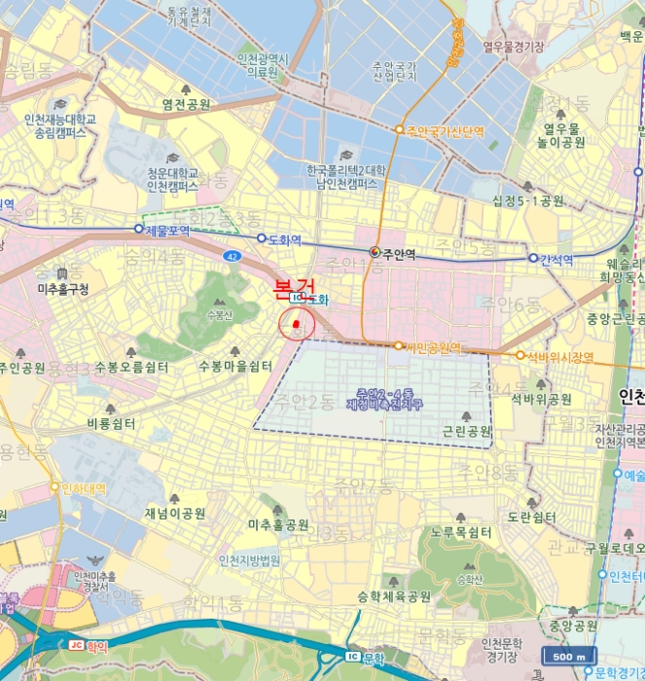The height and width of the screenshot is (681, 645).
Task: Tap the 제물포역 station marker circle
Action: coord(138,230)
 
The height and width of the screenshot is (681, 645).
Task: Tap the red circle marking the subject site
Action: coord(297,324)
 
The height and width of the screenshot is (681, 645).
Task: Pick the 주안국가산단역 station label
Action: coord(445,130)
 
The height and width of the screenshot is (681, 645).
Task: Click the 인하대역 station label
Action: coord(83,487)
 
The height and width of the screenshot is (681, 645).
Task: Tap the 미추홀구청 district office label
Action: coord(62,289)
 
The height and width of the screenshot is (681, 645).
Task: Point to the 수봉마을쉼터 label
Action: coord(234,367)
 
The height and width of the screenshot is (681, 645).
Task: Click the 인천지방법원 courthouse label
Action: coord(249,560)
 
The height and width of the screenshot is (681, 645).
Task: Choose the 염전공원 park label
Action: coord(187,104)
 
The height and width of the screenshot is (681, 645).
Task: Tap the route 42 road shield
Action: coord(231,256)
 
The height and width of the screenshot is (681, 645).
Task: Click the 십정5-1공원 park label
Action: coord(528,201)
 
